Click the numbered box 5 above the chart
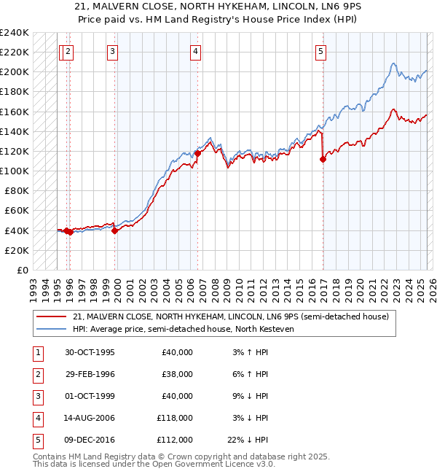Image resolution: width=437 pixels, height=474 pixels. click(321, 51)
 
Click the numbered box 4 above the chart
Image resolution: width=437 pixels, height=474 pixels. click(197, 51)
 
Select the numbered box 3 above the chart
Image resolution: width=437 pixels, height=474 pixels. click(113, 51)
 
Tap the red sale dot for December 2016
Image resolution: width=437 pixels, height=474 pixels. click(323, 159)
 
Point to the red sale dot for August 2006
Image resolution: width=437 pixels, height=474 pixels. click(197, 153)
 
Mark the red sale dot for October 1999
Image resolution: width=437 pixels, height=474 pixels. click(115, 230)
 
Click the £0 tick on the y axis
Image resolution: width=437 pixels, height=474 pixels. click(22, 270)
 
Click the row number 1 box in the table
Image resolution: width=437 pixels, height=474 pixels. click(37, 352)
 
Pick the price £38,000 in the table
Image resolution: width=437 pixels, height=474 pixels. click(177, 374)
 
